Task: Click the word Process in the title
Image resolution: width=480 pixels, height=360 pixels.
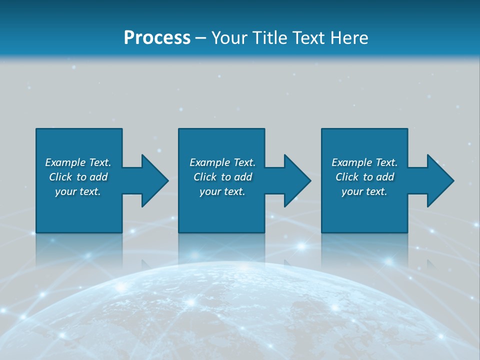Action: (157, 38)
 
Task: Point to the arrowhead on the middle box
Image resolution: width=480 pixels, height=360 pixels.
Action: (296, 180)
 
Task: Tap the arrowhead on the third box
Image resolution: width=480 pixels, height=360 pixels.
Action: (439, 180)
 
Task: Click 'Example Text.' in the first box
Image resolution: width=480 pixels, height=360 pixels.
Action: (78, 162)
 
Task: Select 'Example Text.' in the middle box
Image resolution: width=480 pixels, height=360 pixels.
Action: (222, 162)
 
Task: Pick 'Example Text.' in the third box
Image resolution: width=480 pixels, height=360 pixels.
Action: (364, 162)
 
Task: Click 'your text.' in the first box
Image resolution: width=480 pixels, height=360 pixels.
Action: (78, 191)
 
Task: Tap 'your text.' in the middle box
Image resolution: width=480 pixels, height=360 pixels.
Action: (222, 191)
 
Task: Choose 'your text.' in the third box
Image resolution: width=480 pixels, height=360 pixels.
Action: (364, 191)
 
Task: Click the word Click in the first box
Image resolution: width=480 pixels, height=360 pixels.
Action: (60, 177)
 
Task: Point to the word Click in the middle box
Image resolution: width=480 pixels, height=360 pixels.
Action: (205, 177)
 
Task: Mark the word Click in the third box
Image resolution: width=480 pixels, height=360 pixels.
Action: (347, 177)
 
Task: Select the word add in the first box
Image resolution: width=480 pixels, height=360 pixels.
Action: (98, 177)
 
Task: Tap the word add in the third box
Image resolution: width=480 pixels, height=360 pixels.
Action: (385, 177)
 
